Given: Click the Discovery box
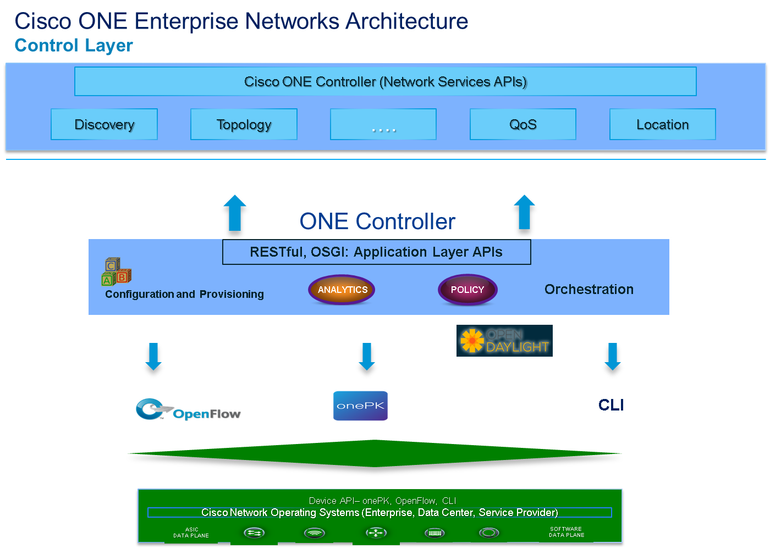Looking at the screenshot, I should (x=104, y=124).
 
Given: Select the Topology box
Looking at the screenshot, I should (x=244, y=124).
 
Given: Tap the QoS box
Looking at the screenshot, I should (x=522, y=124).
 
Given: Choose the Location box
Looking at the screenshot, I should (x=662, y=124).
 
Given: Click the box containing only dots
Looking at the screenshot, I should (x=383, y=124).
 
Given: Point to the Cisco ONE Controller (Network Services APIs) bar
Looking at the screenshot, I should (x=385, y=81).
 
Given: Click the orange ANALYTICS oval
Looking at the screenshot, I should (x=342, y=290).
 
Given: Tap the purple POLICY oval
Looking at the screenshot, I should (x=468, y=290).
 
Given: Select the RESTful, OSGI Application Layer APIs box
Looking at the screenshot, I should (x=376, y=252).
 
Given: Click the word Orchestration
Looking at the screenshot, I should (x=588, y=289).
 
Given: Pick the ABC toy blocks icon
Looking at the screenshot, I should (x=116, y=272).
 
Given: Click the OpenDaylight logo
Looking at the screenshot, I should (x=504, y=341).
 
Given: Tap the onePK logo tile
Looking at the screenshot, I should (x=360, y=406).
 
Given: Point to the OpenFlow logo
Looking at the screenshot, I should (x=188, y=410).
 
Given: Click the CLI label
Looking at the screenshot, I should (x=611, y=405).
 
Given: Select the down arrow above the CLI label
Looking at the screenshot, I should (x=612, y=361).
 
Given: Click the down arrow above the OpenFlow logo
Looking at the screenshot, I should (x=153, y=361).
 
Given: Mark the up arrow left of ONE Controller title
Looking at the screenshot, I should (x=235, y=215).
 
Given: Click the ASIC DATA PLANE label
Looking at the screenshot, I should (x=191, y=533).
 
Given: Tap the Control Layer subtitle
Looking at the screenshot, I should (x=74, y=45).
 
